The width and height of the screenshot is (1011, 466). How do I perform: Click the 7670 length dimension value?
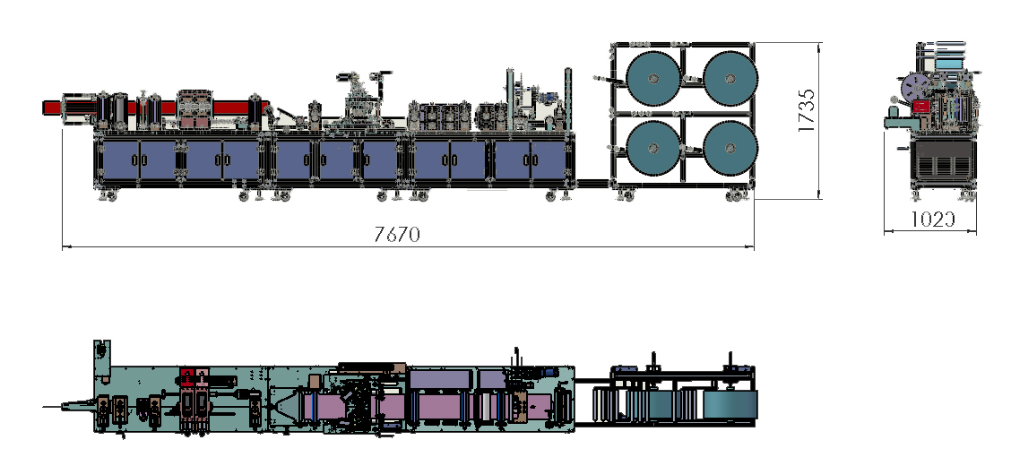(397, 233)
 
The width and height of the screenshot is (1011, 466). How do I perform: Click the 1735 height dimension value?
(807, 110)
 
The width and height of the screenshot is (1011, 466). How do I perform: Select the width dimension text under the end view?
(933, 220)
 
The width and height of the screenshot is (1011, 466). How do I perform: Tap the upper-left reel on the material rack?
(653, 78)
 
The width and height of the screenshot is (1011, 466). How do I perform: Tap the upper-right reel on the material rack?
(730, 78)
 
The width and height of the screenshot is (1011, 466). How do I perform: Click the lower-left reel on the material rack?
(653, 148)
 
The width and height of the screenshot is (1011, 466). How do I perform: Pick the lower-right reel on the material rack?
(730, 148)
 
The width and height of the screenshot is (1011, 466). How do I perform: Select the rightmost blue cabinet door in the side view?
(549, 160)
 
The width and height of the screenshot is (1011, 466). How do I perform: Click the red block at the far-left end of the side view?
(53, 108)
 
